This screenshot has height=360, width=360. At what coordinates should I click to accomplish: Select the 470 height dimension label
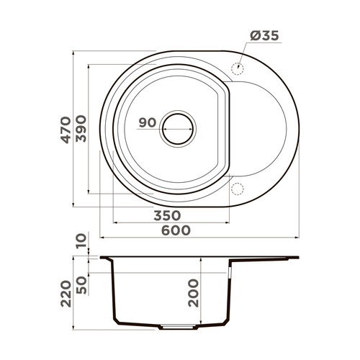(x=66, y=130)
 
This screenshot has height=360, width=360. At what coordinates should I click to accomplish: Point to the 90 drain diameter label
(x=147, y=122)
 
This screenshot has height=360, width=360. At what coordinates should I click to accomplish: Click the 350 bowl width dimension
(x=166, y=216)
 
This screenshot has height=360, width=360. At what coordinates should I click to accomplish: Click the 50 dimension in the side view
(x=81, y=284)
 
